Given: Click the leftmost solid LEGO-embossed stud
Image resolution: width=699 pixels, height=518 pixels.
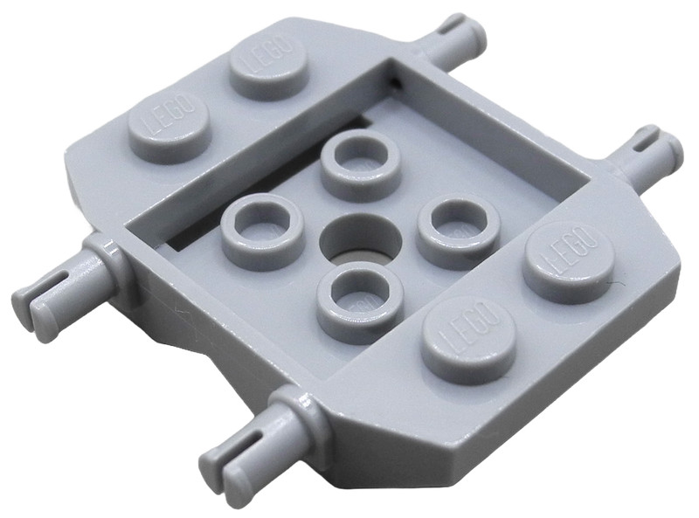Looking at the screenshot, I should [x=168, y=127].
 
